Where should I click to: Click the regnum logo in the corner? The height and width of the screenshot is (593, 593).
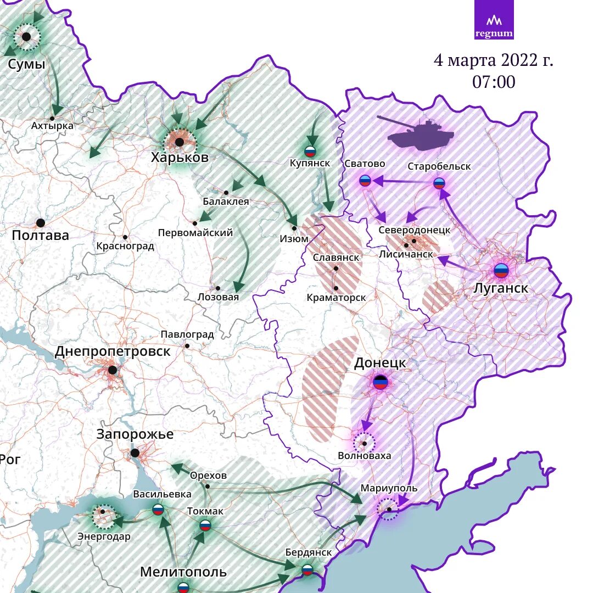point(494,20)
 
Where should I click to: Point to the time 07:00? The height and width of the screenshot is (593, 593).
point(494,82)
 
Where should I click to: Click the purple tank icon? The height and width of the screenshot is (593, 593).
point(421,134)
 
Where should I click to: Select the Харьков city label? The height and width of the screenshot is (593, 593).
point(180,158)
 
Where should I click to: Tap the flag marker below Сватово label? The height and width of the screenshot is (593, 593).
point(365,180)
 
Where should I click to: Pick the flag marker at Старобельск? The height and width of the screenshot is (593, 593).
point(439,183)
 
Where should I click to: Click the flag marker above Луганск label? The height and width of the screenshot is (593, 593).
point(501,270)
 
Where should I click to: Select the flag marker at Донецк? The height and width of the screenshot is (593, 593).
point(380,382)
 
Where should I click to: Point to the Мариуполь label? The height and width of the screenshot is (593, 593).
point(389,488)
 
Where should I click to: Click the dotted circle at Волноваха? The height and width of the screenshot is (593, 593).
point(363,442)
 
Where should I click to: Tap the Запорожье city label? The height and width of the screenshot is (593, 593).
point(135,434)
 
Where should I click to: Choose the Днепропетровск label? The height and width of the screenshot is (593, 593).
point(113,351)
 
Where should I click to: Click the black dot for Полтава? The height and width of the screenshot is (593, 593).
point(40,223)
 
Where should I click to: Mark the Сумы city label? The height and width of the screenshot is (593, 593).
point(26,64)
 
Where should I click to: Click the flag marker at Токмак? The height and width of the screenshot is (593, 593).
point(205,525)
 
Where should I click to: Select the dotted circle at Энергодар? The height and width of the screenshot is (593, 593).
point(104,516)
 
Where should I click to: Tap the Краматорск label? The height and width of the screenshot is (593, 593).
point(336,297)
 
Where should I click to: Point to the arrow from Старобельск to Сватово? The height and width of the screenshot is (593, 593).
point(404,181)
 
